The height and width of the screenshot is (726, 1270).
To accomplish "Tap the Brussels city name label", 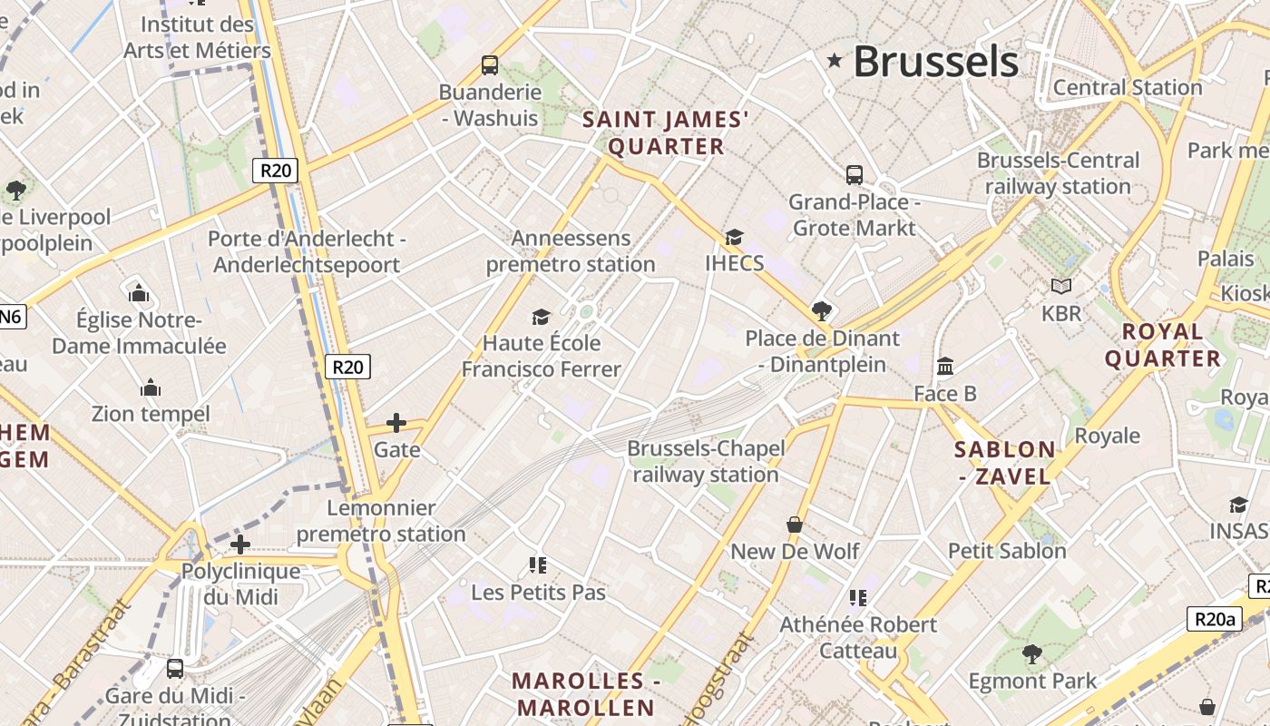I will (935, 62).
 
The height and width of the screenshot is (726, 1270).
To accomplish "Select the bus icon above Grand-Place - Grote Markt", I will (854, 174).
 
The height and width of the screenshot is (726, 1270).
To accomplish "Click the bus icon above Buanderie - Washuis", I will (490, 64).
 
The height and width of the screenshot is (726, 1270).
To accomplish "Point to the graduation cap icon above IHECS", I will (734, 237).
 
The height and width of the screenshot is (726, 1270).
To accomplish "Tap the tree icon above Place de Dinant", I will (822, 311).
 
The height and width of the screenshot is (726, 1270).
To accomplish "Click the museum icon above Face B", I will (945, 367).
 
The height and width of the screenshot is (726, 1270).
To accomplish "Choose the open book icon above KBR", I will (1061, 287).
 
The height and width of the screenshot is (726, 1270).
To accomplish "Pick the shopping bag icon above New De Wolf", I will (795, 525).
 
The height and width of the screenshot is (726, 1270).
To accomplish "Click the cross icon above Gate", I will (396, 423).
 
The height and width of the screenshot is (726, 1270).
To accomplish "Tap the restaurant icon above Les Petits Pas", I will (538, 565).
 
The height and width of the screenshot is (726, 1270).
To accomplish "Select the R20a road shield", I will (1214, 619).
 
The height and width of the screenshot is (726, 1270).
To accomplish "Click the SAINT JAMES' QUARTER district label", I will (666, 132).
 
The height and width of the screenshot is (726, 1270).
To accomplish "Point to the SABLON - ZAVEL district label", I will (1005, 462).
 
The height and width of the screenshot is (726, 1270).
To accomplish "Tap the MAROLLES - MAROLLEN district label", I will (584, 694).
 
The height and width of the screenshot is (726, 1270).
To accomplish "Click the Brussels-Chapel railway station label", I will (705, 461).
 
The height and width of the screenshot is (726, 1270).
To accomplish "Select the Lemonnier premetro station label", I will (381, 521).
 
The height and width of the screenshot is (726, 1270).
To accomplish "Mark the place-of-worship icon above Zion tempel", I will (151, 388).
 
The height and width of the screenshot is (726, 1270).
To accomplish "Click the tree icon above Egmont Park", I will (1031, 653).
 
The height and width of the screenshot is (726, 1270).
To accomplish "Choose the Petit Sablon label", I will (1007, 551).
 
